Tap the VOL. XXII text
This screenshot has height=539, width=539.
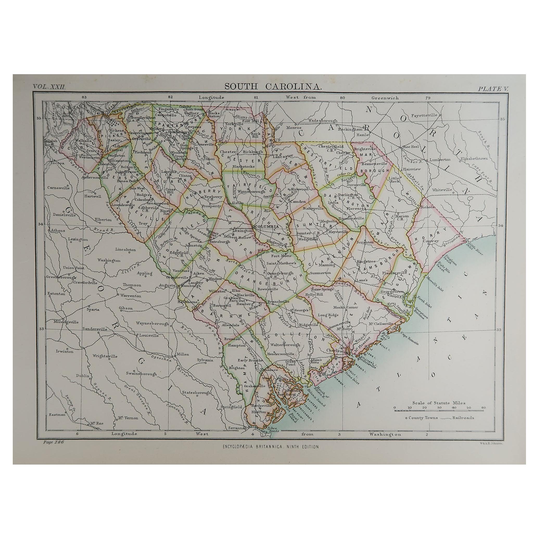point(49,87)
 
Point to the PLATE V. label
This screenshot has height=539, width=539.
point(493,89)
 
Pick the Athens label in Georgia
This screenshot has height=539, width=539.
point(58,230)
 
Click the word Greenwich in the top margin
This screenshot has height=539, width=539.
point(385,98)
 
